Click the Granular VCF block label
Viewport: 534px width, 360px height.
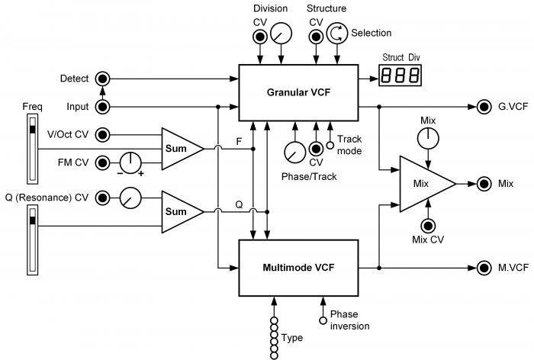click(x=298, y=92)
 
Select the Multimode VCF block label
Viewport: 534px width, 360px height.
click(x=298, y=268)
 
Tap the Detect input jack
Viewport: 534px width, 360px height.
click(x=102, y=79)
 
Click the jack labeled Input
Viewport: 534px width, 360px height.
click(x=102, y=107)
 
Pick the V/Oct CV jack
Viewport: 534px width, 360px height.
click(x=102, y=135)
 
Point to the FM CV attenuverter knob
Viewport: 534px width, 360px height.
click(x=130, y=162)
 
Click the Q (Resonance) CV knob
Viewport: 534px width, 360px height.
click(x=130, y=198)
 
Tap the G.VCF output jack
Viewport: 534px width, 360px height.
click(x=484, y=107)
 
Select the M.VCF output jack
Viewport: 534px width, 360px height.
click(x=484, y=268)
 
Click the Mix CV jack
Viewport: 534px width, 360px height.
click(x=428, y=226)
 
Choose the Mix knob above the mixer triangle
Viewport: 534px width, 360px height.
click(x=428, y=138)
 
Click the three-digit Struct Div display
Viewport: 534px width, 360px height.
click(x=400, y=76)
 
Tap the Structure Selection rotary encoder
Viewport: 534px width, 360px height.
click(x=337, y=34)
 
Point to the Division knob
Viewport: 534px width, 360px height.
click(x=281, y=34)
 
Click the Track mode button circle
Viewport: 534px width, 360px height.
click(x=330, y=146)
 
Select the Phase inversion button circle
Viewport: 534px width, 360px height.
click(x=323, y=320)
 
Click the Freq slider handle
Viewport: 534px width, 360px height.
click(x=33, y=130)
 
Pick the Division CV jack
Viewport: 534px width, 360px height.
click(x=260, y=37)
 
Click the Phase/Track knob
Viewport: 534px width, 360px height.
click(x=295, y=153)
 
